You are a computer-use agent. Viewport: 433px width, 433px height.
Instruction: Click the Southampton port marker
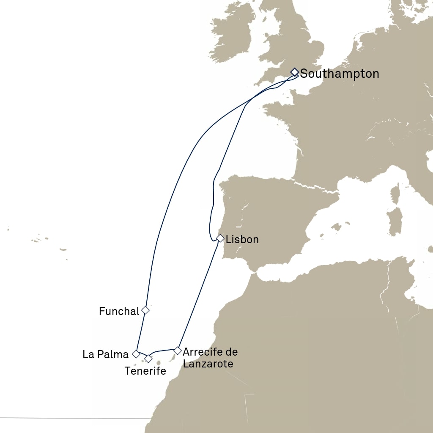coord(295,72)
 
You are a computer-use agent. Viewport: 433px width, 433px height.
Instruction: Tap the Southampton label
coord(340,74)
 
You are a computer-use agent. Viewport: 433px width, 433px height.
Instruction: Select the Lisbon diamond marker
coord(220,238)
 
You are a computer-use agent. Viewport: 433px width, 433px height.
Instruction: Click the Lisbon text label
coord(242,240)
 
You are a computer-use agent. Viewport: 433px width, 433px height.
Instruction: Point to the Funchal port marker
coord(145,310)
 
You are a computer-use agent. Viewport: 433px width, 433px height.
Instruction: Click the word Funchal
coord(119,312)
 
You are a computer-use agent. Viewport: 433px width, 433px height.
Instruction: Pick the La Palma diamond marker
coord(136,354)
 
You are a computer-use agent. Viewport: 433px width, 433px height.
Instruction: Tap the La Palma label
coord(105,354)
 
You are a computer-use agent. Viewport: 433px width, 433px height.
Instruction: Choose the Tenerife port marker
coord(148,359)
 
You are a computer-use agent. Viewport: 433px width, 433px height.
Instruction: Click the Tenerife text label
coord(145,371)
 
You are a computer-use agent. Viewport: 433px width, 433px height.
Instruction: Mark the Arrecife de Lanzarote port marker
coord(178,351)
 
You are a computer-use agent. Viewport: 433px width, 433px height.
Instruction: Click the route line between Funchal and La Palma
coord(141,332)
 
